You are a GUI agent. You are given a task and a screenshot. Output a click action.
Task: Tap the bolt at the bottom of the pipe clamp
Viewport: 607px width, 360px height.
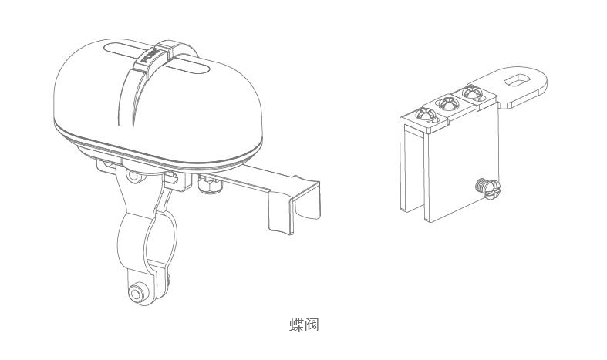[x=136, y=294]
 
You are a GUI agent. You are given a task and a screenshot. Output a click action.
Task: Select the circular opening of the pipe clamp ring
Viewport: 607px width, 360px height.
[x=160, y=240]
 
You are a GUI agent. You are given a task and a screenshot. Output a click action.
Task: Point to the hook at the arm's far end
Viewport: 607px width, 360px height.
[x=294, y=206]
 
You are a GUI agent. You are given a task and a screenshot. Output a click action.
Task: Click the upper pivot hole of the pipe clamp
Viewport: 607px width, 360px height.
[x=133, y=177]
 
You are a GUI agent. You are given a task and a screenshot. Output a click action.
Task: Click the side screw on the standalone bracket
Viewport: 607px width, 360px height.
[x=487, y=189]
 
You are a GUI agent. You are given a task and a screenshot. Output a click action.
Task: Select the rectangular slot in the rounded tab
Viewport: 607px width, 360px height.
[x=517, y=79]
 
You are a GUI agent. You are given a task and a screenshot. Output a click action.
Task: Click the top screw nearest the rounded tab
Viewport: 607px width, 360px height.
[x=473, y=93]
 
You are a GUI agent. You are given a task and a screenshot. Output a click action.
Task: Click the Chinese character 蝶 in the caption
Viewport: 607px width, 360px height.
[x=296, y=325]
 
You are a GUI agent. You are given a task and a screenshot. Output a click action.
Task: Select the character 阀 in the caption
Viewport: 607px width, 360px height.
[x=312, y=325]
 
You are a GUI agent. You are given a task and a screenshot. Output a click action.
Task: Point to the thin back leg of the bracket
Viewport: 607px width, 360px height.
[x=403, y=167]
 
